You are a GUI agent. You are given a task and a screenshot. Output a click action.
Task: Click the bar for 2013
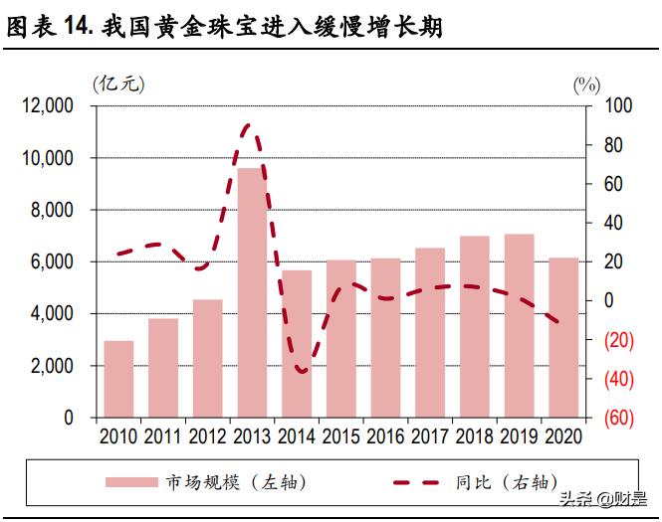[252, 293]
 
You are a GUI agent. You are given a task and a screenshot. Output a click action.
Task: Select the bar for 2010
[118, 379]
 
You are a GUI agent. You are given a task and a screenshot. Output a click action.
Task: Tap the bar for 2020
[563, 337]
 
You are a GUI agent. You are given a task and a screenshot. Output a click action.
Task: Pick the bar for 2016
[385, 337]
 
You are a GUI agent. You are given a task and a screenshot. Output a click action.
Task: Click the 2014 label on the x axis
[297, 436]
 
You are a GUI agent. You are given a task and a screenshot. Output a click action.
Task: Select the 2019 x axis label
[519, 436]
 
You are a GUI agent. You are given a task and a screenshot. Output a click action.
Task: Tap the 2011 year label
[163, 436]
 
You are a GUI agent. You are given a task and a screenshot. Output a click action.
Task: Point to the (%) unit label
[586, 85]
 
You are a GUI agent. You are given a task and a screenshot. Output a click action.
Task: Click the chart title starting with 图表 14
[225, 28]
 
